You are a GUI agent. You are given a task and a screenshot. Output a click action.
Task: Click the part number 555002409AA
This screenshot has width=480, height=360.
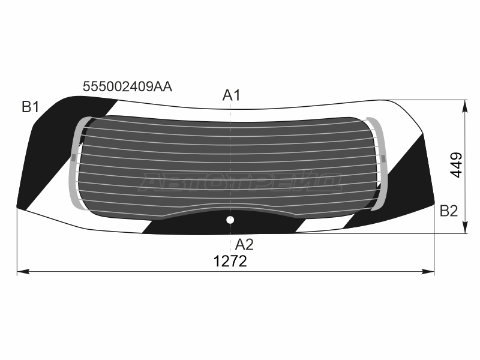click(x=127, y=86)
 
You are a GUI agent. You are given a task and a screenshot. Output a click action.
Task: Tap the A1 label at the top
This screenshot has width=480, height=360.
click(x=232, y=95)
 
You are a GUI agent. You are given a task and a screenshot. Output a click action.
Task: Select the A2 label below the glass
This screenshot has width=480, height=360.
click(x=244, y=245)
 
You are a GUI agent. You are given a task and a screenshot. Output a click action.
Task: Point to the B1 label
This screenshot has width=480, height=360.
click(x=31, y=107)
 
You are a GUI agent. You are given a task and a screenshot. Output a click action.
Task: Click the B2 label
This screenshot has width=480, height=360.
click(x=449, y=211)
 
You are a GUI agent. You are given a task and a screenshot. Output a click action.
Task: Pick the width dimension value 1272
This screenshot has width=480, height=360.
click(x=230, y=262)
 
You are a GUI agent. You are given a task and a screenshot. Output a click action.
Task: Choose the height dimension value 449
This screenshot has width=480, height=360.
click(x=456, y=165)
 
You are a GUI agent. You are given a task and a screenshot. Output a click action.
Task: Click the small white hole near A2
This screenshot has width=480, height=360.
click(x=230, y=220)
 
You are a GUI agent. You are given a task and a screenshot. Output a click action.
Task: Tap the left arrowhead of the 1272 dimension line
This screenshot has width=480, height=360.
click(x=23, y=271)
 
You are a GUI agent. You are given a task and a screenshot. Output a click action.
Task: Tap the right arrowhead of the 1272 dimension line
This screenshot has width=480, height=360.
click(x=428, y=271)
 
